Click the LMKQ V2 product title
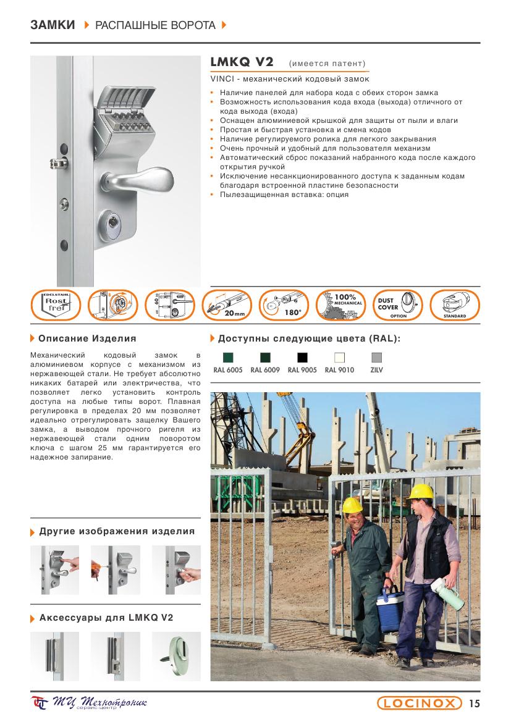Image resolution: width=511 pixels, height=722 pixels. (242, 63)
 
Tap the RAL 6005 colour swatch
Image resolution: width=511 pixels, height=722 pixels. (228, 357)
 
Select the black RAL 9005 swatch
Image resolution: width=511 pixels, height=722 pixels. (302, 357)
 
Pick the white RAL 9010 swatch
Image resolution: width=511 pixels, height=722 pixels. (339, 357)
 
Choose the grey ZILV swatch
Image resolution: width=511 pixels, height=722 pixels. (376, 357)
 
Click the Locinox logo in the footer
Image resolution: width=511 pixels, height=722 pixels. (420, 703)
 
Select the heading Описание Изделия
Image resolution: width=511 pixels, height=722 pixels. (87, 338)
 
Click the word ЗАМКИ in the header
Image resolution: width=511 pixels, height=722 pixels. (52, 25)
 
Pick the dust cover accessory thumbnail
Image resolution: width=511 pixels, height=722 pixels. (179, 654)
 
